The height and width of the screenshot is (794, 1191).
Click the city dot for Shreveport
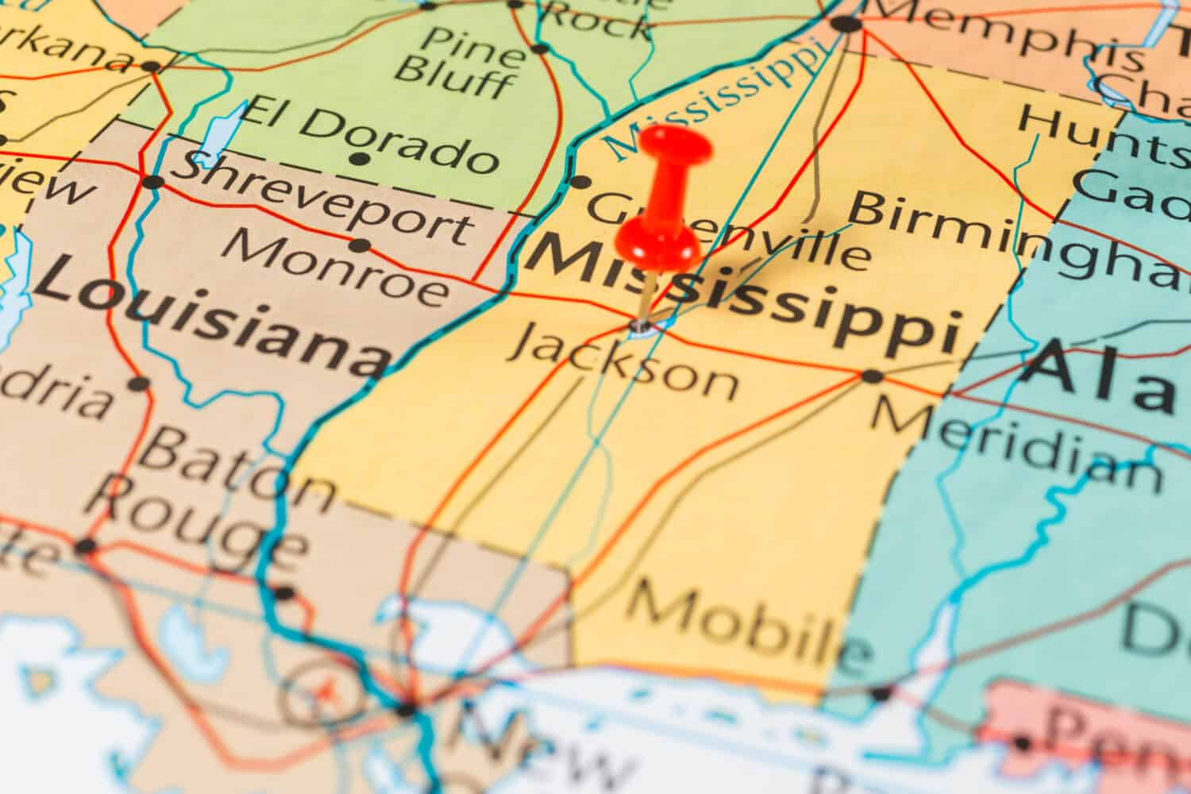pyautogui.click(x=152, y=182)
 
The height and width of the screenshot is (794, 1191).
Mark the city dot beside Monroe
pyautogui.click(x=360, y=245)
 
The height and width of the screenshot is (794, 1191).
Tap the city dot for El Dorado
pyautogui.click(x=360, y=159)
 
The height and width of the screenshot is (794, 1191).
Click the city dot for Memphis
pyautogui.click(x=846, y=24)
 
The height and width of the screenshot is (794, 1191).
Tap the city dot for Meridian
pyautogui.click(x=873, y=376)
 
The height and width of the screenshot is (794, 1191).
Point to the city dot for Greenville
pyautogui.click(x=580, y=183)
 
